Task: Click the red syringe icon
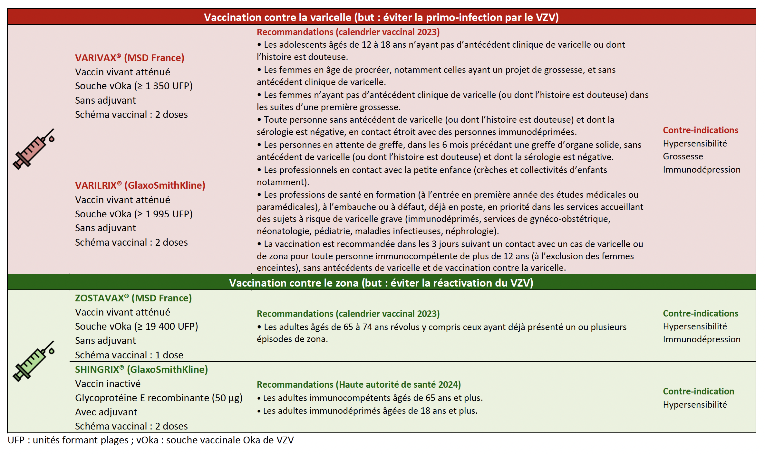(34, 149)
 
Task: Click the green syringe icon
(34, 361)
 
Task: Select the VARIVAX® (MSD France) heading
(130, 58)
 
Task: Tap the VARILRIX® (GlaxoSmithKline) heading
(140, 185)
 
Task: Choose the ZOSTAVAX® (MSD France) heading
(133, 298)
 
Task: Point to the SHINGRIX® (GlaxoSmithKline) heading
(141, 370)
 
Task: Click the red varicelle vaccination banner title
(381, 17)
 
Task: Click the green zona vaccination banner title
(381, 283)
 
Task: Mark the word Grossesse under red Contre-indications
(683, 156)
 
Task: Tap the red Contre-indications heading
(700, 130)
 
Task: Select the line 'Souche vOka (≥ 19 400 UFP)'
(136, 326)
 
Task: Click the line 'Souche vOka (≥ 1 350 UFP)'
(134, 86)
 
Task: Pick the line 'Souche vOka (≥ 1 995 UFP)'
(134, 214)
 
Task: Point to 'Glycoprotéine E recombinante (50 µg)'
(159, 398)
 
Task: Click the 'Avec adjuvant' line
(106, 412)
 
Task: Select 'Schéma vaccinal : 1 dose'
(129, 355)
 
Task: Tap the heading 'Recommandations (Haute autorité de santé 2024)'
(359, 385)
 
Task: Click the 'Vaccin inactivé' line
(108, 384)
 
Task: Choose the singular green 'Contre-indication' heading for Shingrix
(698, 392)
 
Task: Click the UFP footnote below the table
(150, 440)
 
